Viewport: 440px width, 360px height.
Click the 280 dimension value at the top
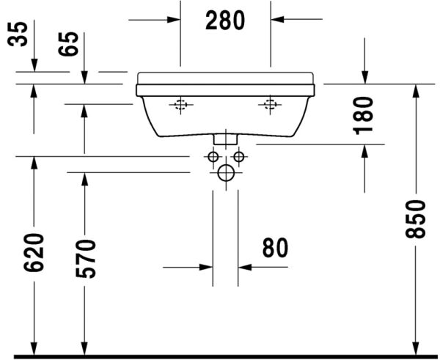225,21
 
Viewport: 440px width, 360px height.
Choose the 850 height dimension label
415,218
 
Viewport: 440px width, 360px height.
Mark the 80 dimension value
274,249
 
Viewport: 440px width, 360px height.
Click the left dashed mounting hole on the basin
180,106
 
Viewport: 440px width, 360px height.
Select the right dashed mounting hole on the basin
270,106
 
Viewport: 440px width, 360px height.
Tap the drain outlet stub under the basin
225,138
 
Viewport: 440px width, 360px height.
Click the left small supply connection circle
213,157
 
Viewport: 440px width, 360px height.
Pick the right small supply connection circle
238,157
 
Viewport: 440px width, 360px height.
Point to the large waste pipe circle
225,173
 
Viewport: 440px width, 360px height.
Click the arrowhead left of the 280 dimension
173,20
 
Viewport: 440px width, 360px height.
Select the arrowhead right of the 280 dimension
278,20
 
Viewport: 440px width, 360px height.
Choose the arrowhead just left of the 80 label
244,267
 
